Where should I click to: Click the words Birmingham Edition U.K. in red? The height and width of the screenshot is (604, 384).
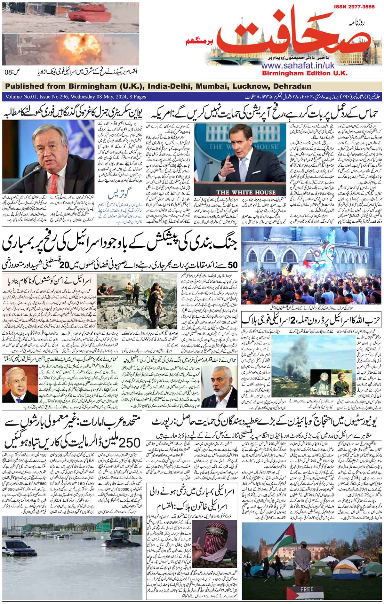[304, 73]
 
